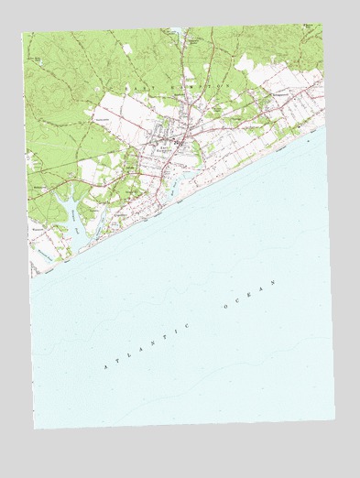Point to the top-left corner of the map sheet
tap(23, 34)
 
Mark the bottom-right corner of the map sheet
tap(335, 419)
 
